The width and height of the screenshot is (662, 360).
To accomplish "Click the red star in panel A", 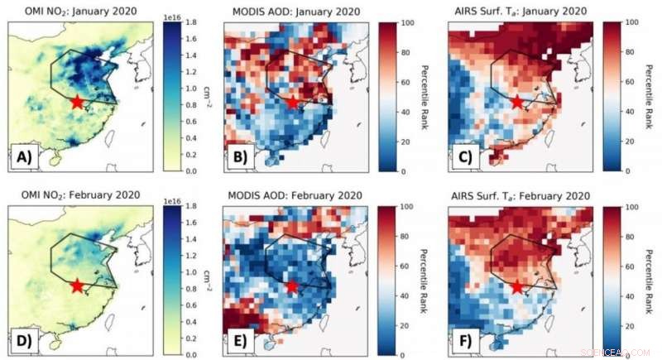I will [77, 102].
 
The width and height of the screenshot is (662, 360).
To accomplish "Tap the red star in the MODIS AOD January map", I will [294, 102].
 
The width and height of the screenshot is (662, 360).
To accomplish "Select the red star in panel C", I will [517, 102].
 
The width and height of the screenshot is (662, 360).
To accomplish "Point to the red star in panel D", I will [77, 286].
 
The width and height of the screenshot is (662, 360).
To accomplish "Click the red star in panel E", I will [291, 286].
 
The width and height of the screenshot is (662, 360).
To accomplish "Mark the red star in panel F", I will [517, 287].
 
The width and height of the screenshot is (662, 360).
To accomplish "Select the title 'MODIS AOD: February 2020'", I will [295, 195].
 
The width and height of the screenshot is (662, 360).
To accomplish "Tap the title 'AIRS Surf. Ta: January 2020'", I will [518, 9].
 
